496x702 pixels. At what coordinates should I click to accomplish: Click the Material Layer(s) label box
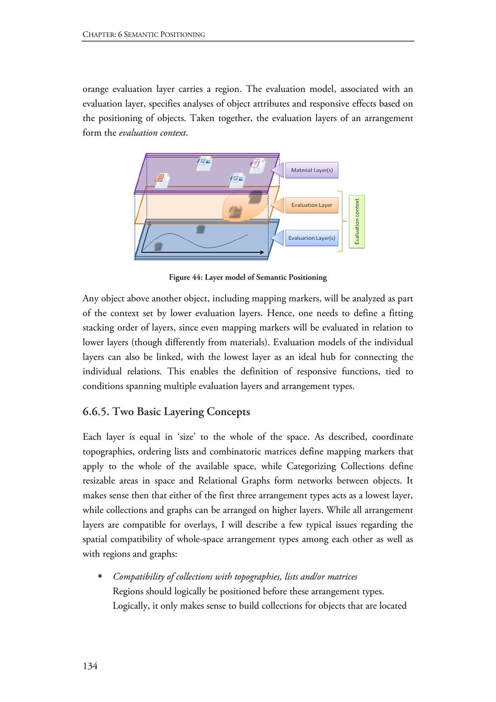[x=311, y=170]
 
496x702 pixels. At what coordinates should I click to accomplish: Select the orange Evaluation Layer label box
[x=311, y=205]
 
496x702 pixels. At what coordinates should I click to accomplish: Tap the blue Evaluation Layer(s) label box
[x=311, y=238]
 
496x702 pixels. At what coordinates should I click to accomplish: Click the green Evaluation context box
[x=357, y=221]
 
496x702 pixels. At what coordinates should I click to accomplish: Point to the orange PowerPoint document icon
[x=161, y=179]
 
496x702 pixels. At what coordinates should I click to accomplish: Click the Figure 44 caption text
[x=248, y=277]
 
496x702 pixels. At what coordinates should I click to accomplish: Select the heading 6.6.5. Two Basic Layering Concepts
[x=166, y=412]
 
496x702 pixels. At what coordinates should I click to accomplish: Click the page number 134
[x=90, y=666]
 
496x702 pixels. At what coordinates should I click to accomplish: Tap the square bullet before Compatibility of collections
[x=100, y=576]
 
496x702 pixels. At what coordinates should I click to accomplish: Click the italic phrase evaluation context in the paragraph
[x=153, y=133]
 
